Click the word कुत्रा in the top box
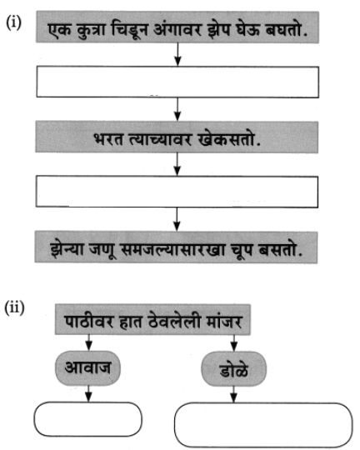click(92, 29)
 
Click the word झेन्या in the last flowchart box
click(67, 249)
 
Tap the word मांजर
click(224, 321)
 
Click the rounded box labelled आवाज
click(87, 368)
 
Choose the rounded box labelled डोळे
click(233, 369)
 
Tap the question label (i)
click(13, 22)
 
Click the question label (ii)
click(14, 307)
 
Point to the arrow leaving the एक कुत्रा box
click(177, 54)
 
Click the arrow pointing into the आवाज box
click(88, 342)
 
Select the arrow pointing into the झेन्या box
click(177, 219)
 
